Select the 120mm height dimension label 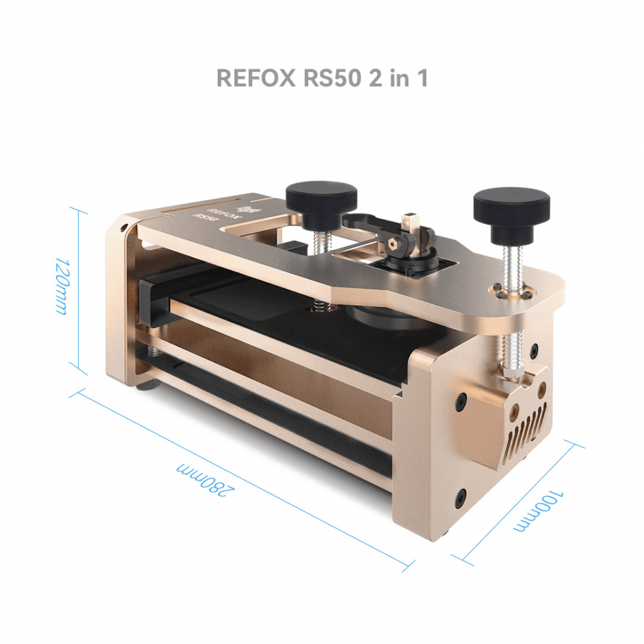click(x=61, y=287)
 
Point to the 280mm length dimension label click(x=205, y=480)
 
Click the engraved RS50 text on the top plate click(x=202, y=216)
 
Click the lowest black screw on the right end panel click(x=461, y=497)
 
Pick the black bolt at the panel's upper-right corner click(x=535, y=352)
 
